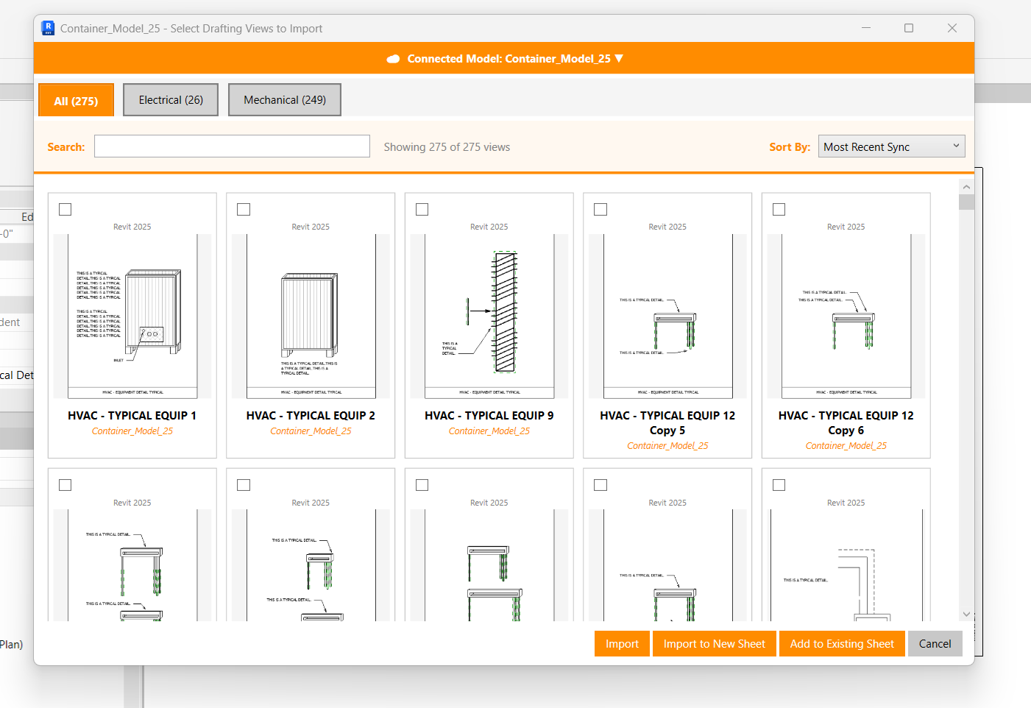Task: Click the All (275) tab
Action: pyautogui.click(x=76, y=101)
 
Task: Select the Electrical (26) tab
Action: pyautogui.click(x=171, y=100)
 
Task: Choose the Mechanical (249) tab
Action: pyautogui.click(x=285, y=100)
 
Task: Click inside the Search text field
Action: pyautogui.click(x=232, y=146)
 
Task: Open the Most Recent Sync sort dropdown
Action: pyautogui.click(x=891, y=146)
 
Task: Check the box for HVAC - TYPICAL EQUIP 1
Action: pyautogui.click(x=65, y=210)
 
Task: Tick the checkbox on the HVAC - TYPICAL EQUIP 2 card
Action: pyautogui.click(x=244, y=210)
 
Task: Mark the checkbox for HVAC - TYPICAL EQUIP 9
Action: pyautogui.click(x=422, y=210)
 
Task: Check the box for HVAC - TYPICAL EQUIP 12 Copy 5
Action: pyautogui.click(x=600, y=210)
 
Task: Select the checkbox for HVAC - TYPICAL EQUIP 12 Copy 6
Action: pyautogui.click(x=779, y=210)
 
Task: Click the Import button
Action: pyautogui.click(x=622, y=644)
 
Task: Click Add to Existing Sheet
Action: pyautogui.click(x=842, y=644)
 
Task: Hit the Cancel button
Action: pyautogui.click(x=935, y=644)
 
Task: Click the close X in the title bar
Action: pyautogui.click(x=952, y=28)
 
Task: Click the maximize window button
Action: pyautogui.click(x=909, y=28)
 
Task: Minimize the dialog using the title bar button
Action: pyautogui.click(x=866, y=28)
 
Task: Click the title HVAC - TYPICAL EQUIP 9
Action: pyautogui.click(x=489, y=416)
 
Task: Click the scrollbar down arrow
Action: pyautogui.click(x=966, y=614)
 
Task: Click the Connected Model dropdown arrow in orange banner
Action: pyautogui.click(x=619, y=58)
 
